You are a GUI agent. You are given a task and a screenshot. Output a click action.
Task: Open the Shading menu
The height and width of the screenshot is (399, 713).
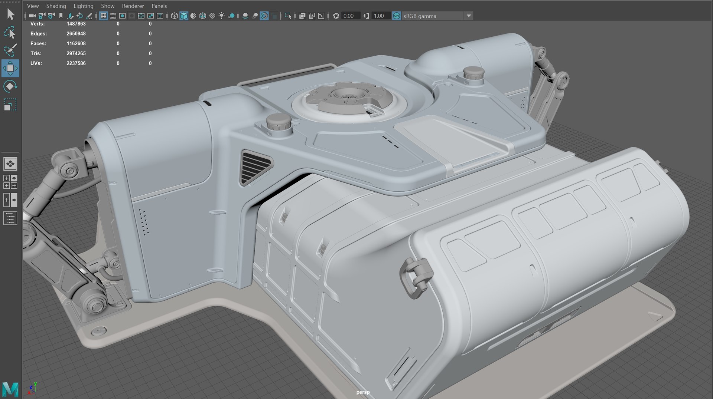(56, 6)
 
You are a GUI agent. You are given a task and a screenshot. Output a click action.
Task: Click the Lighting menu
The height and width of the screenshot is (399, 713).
(83, 6)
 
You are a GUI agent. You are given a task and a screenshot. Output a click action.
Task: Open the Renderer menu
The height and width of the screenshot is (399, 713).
(133, 6)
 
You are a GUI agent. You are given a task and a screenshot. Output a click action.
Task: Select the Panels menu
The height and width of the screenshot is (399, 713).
(159, 6)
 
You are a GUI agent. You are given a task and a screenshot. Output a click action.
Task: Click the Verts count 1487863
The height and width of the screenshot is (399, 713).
(76, 24)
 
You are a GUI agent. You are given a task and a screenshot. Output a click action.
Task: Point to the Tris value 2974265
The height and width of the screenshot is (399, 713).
(76, 53)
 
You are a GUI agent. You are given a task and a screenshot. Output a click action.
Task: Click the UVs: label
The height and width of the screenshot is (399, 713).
(36, 63)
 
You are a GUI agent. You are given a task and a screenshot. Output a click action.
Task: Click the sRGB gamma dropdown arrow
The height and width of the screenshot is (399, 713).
(469, 16)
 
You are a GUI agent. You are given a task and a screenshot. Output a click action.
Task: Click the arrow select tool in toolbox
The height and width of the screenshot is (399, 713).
(10, 14)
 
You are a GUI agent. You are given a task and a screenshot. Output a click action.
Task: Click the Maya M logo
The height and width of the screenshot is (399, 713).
(10, 389)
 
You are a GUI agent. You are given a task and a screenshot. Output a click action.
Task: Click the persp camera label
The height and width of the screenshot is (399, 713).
(363, 392)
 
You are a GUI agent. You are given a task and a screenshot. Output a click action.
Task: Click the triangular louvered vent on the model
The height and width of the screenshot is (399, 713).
(256, 167)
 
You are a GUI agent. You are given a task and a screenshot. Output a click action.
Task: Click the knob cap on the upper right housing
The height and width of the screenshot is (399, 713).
(473, 73)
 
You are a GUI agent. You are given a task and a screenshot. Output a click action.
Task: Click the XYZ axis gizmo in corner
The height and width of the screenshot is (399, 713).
(32, 388)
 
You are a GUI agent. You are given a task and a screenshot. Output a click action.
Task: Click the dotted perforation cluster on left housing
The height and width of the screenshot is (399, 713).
(144, 222)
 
